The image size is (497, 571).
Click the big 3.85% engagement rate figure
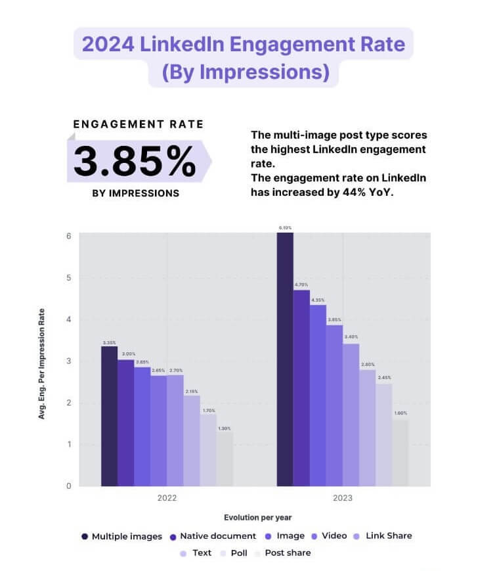pyautogui.click(x=135, y=162)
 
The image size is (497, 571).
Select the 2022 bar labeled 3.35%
pyautogui.click(x=109, y=416)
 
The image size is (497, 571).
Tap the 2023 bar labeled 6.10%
pyautogui.click(x=285, y=359)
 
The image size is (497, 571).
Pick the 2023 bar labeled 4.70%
pyautogui.click(x=301, y=388)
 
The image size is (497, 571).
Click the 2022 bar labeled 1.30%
pyautogui.click(x=225, y=459)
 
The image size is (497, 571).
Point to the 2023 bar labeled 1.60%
pyautogui.click(x=400, y=453)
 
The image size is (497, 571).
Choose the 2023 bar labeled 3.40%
pyautogui.click(x=351, y=415)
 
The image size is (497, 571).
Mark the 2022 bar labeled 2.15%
pyautogui.click(x=192, y=441)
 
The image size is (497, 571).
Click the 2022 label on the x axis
pyautogui.click(x=167, y=498)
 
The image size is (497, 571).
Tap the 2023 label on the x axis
pyautogui.click(x=342, y=498)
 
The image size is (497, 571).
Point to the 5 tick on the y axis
pyautogui.click(x=68, y=277)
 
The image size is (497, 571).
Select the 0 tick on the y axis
pyautogui.click(x=68, y=486)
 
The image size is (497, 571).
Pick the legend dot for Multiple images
pyautogui.click(x=85, y=536)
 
